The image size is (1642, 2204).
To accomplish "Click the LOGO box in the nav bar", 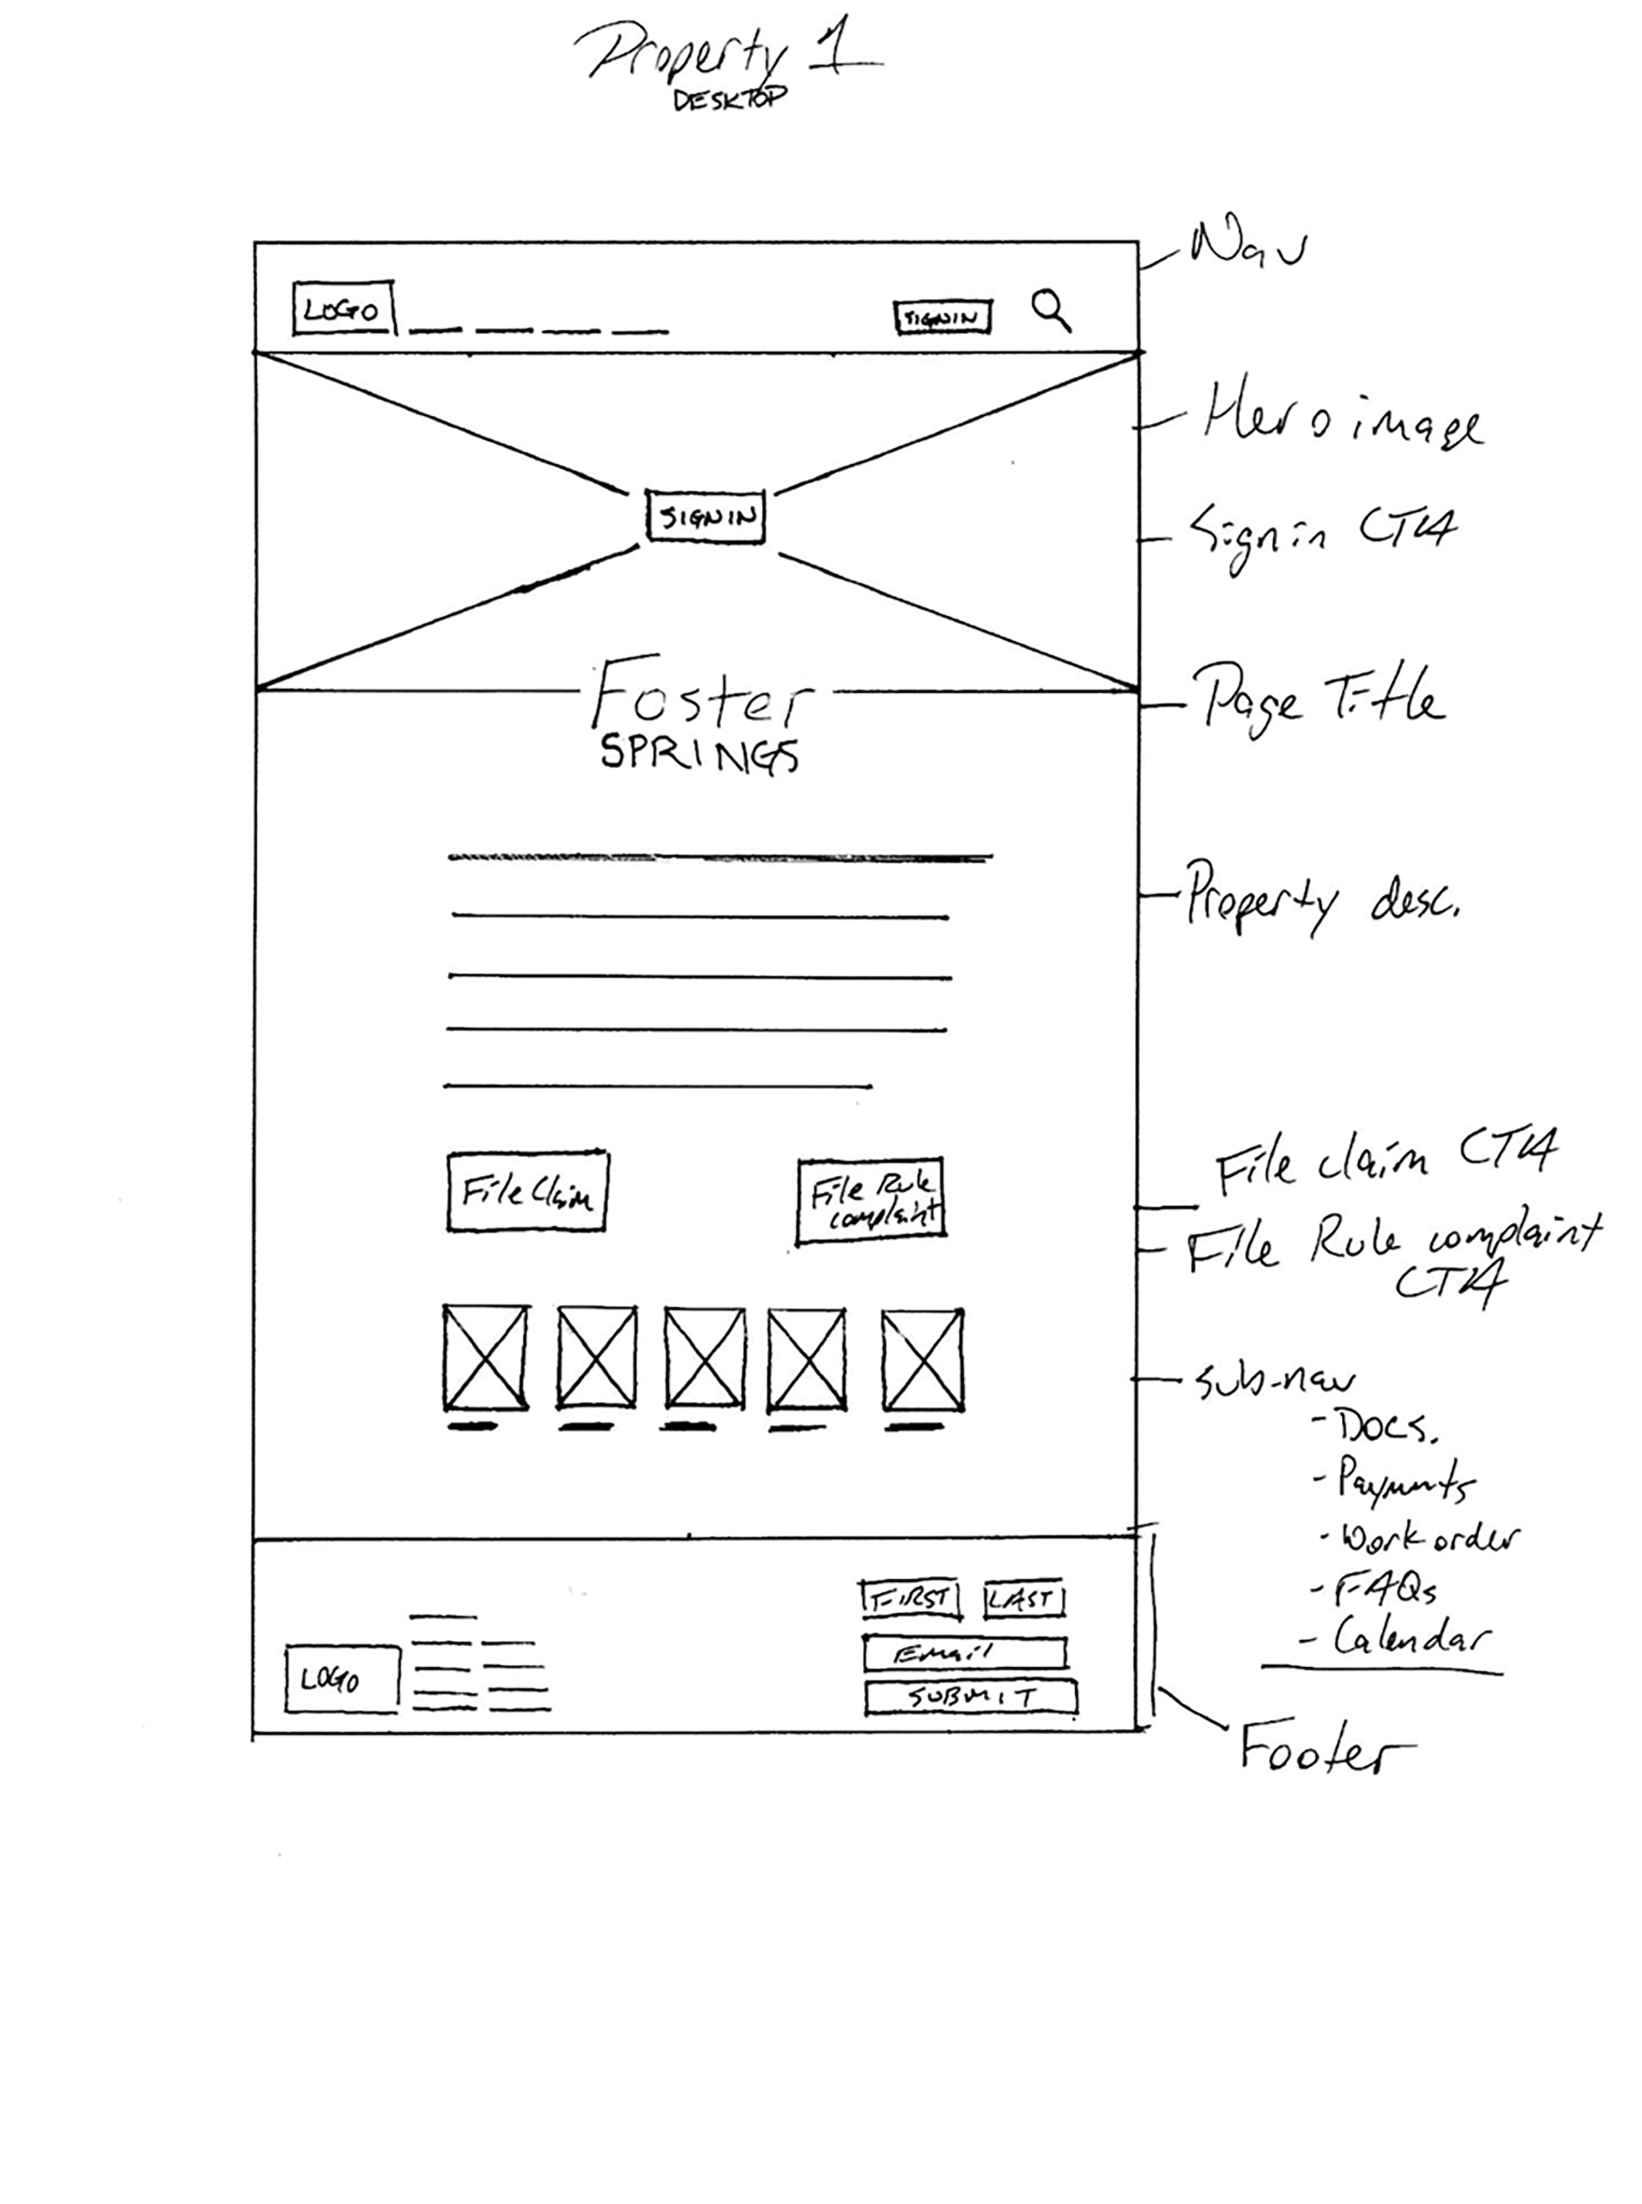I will pyautogui.click(x=343, y=309).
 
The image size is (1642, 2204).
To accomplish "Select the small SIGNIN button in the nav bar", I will pyautogui.click(x=943, y=317).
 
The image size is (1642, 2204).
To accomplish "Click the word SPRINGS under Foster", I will pyautogui.click(x=699, y=755).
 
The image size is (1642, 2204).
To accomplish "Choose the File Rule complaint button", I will pyautogui.click(x=871, y=1199).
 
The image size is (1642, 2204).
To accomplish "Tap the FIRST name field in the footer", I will pyautogui.click(x=910, y=1600).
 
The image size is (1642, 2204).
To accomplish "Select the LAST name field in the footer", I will pyautogui.click(x=1024, y=1600).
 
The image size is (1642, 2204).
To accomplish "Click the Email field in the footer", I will pyautogui.click(x=965, y=1653).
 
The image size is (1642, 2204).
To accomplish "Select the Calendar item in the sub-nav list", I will pyautogui.click(x=1411, y=1637).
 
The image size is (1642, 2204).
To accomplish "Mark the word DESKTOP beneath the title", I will pyautogui.click(x=730, y=99).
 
